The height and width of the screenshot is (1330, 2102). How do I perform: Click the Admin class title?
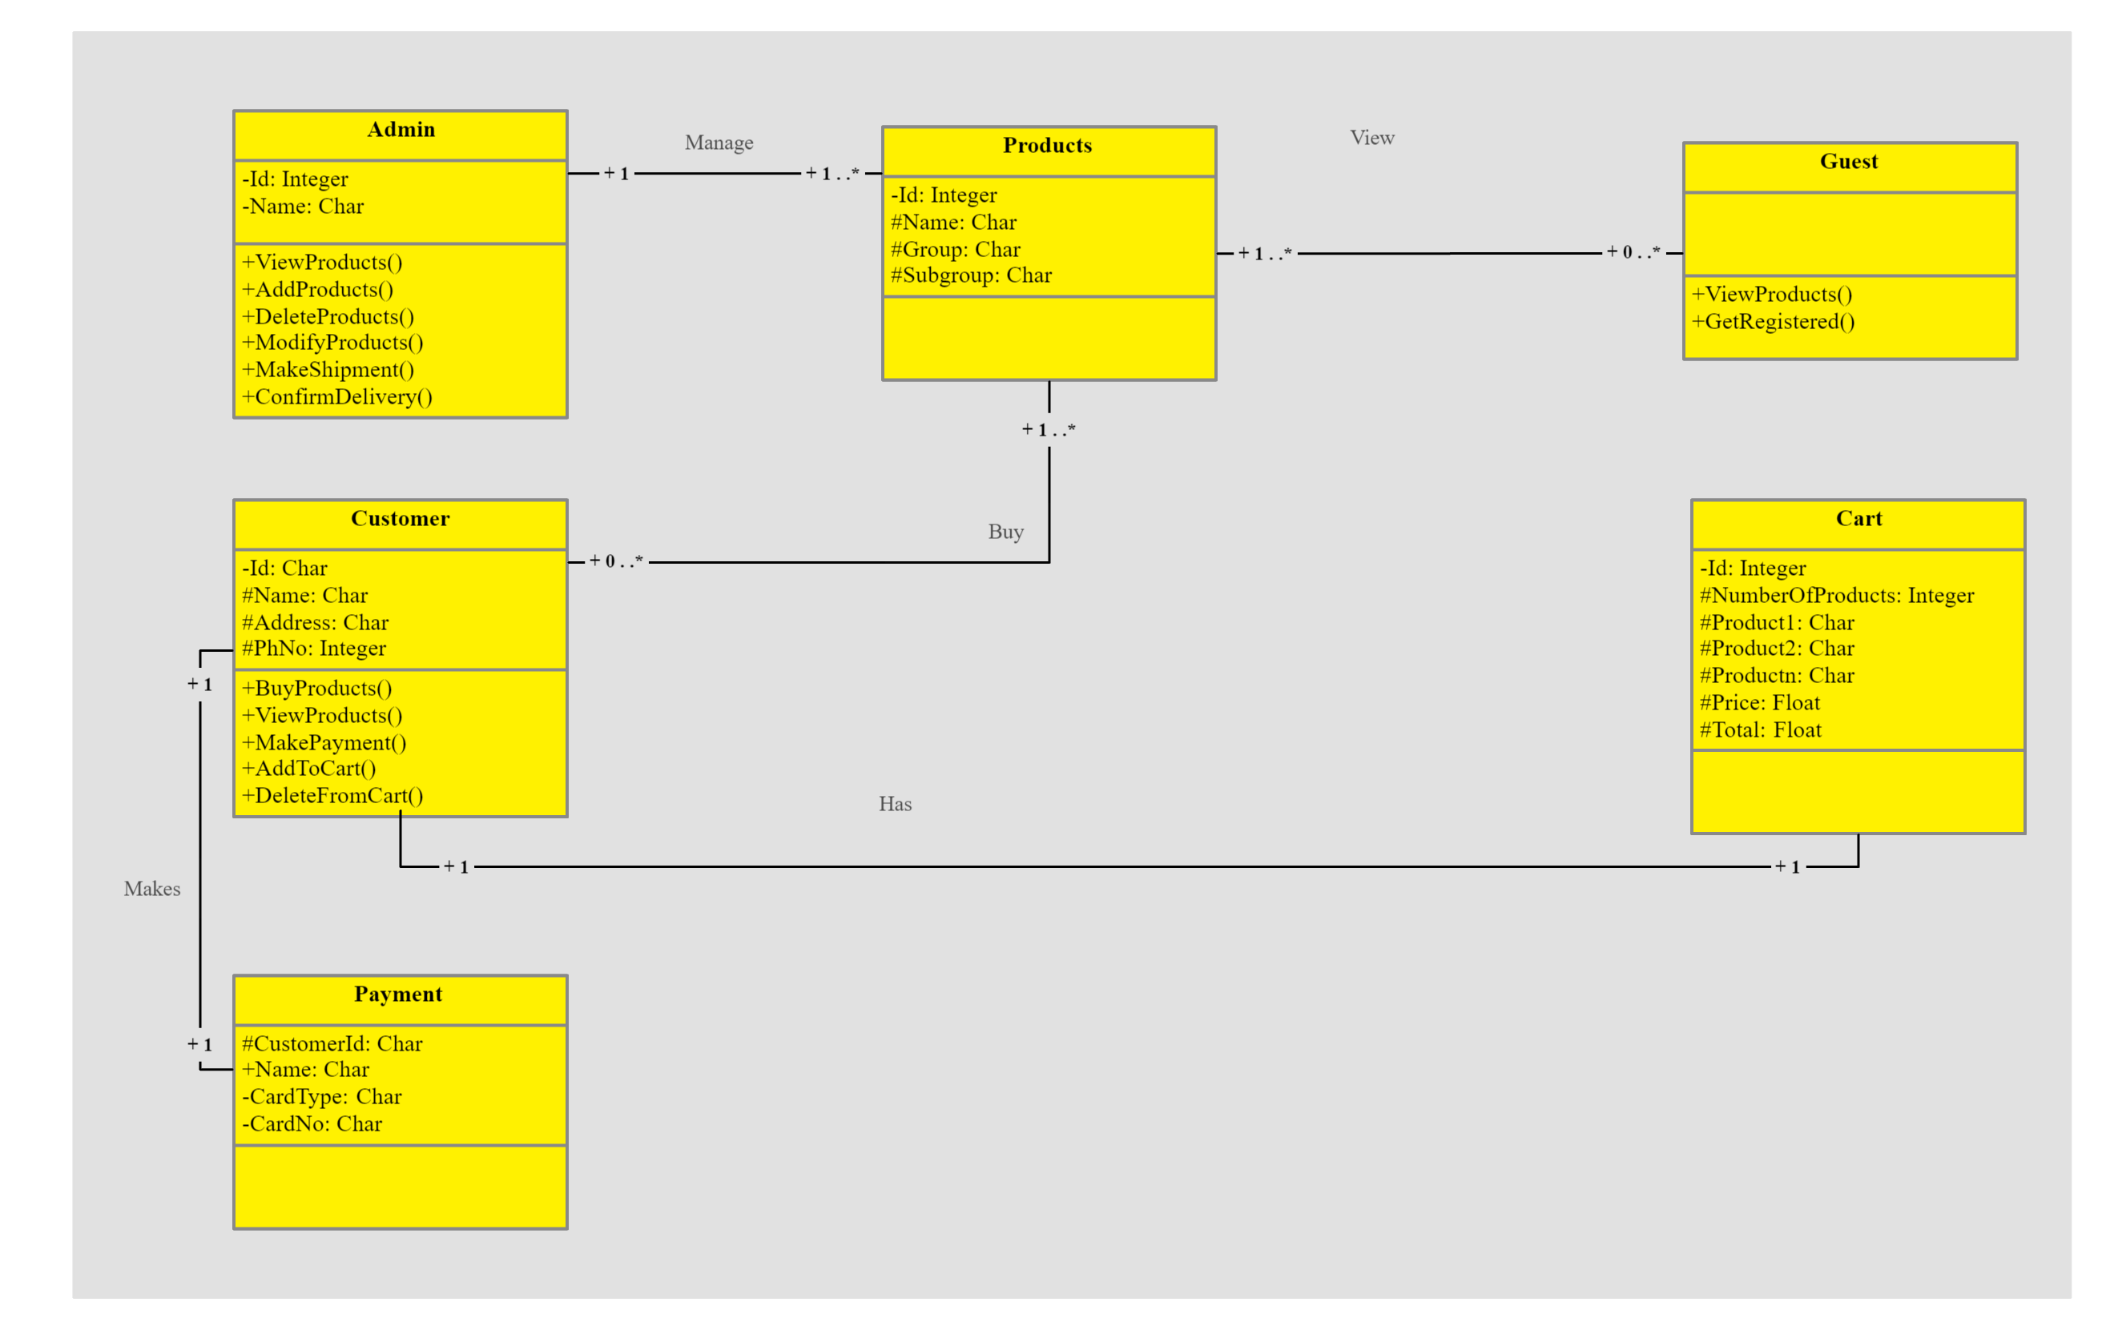(401, 130)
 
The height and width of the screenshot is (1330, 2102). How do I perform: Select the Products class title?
(1048, 146)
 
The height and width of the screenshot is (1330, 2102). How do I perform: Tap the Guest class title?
(1849, 162)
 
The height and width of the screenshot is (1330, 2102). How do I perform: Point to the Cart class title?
(1858, 519)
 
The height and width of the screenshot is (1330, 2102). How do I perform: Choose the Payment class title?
(398, 994)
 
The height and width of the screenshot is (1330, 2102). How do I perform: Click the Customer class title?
(400, 519)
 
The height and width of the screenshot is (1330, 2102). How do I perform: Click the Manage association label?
(719, 143)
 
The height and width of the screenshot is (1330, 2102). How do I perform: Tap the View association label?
(1371, 138)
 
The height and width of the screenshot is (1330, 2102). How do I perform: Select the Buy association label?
(1005, 532)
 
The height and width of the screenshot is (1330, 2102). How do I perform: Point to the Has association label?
(895, 805)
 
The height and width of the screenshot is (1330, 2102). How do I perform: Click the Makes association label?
(152, 890)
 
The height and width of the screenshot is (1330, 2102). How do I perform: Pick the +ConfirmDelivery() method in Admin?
(337, 398)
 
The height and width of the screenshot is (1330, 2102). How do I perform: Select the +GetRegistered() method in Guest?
(1773, 322)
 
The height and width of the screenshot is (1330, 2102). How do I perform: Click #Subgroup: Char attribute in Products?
(971, 275)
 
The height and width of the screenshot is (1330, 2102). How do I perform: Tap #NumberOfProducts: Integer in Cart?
(1836, 596)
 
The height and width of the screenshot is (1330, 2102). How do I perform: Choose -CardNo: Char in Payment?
(312, 1124)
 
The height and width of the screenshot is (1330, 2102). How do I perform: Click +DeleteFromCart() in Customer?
(332, 796)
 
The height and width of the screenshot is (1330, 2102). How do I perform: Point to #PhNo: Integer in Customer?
(313, 649)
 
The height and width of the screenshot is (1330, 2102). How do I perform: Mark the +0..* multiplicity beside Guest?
(1633, 253)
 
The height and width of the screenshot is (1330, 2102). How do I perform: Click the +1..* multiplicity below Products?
(1049, 430)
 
